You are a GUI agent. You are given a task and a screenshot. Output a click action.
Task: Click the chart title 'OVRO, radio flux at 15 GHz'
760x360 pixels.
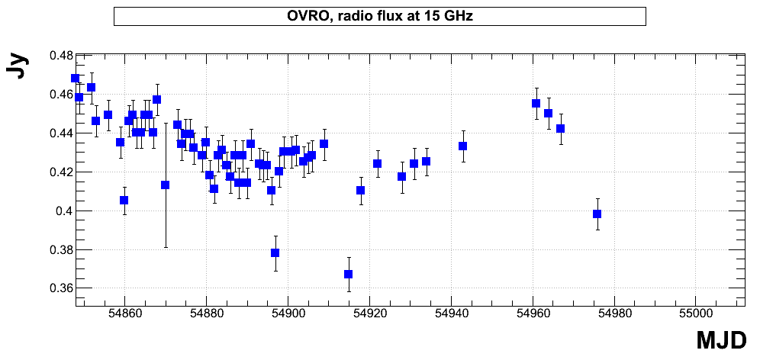(x=379, y=16)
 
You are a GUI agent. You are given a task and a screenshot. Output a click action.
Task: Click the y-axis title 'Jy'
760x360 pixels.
(x=18, y=66)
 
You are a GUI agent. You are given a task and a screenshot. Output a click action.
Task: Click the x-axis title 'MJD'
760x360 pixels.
(x=721, y=341)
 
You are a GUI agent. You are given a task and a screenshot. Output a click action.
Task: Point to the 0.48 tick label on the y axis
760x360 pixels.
(x=61, y=56)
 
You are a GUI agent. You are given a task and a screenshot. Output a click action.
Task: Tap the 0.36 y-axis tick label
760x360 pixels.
(x=61, y=288)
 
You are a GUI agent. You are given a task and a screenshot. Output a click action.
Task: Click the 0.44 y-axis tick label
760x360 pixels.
(x=61, y=133)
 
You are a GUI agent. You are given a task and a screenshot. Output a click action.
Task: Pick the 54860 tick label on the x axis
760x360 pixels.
(x=124, y=313)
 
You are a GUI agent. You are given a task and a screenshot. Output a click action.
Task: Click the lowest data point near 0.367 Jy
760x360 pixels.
(x=348, y=275)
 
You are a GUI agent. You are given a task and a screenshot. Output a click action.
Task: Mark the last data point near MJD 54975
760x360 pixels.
(x=597, y=214)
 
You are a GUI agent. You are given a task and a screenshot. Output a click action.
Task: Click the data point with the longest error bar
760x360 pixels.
(x=166, y=185)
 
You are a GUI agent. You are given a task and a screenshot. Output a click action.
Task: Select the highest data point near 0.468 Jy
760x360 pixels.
(x=75, y=78)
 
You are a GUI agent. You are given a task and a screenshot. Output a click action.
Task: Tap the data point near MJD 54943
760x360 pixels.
(x=463, y=146)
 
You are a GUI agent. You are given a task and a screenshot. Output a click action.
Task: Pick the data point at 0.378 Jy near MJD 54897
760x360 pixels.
(x=275, y=252)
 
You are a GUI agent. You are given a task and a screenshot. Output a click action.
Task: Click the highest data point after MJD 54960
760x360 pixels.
(x=536, y=103)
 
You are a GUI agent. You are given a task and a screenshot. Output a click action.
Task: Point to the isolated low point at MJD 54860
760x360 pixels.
(x=124, y=200)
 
